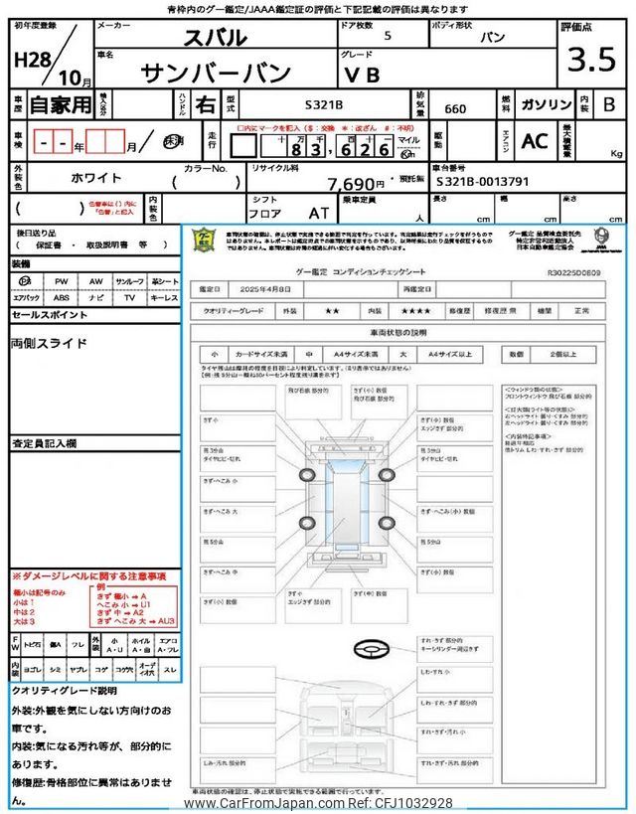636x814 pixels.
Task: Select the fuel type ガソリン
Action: (545, 104)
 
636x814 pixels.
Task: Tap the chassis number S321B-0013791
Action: (489, 183)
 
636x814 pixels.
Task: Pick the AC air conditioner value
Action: (534, 141)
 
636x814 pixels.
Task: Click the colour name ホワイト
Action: (96, 178)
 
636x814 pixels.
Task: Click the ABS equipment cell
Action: (62, 297)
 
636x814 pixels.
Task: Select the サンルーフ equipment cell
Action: (128, 282)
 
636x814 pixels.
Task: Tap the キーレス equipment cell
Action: (163, 297)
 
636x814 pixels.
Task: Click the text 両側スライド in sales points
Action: (50, 343)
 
